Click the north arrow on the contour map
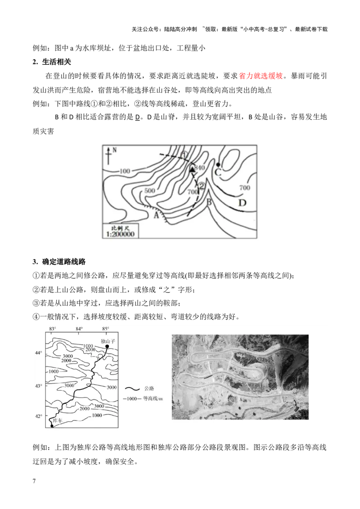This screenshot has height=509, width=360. tap(108, 155)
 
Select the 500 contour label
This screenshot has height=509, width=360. tap(150, 190)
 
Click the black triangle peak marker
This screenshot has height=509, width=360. tap(192, 169)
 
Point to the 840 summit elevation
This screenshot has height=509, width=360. tap(200, 168)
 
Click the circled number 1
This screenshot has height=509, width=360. tap(184, 155)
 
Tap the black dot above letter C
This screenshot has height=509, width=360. tap(218, 165)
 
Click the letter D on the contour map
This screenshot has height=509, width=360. tap(242, 203)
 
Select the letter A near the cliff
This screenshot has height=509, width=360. tap(157, 215)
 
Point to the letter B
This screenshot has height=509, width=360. tap(209, 202)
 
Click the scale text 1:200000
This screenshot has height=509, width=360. tap(121, 234)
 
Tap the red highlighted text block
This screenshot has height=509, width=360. tap(261, 76)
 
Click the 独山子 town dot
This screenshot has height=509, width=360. tap(107, 346)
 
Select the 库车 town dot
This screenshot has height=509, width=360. tap(52, 426)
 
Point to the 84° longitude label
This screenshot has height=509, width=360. tap(79, 329)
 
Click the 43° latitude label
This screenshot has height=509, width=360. tap(39, 385)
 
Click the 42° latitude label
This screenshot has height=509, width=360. tap(39, 416)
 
